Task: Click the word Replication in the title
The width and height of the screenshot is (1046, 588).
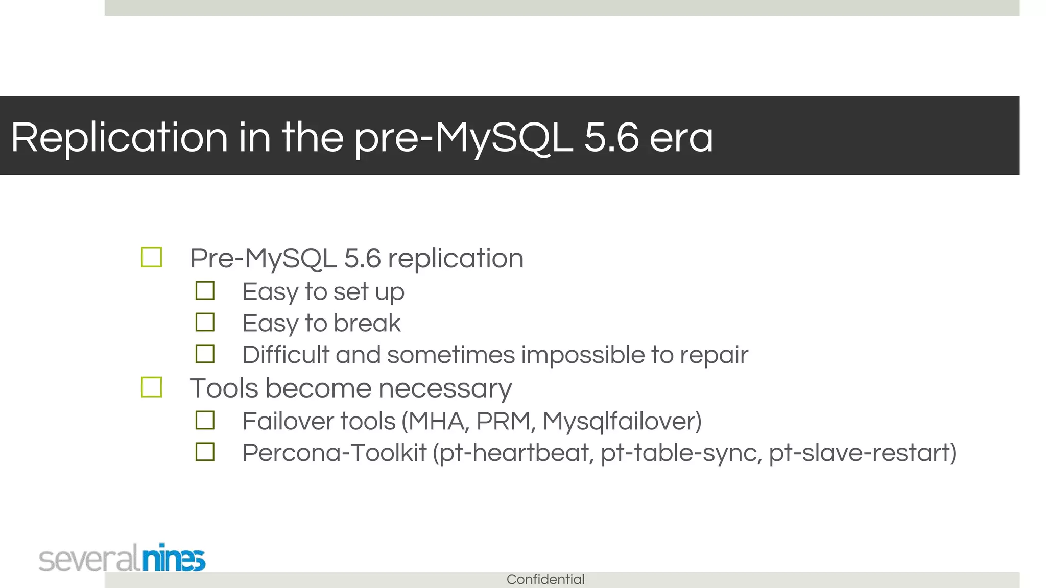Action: pos(119,138)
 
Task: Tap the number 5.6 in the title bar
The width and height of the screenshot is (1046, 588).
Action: pos(611,138)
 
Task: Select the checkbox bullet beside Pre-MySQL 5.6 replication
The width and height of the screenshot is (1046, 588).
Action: pos(152,257)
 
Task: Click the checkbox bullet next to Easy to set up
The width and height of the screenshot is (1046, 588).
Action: pos(205,291)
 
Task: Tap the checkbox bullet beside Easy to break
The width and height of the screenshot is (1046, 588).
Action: pos(205,323)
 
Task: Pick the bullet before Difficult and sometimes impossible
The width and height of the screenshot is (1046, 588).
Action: pos(205,354)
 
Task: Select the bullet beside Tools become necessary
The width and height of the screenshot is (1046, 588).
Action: pos(152,387)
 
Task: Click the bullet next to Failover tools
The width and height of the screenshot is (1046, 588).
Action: pos(205,421)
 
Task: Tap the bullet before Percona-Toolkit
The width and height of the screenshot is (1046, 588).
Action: pos(205,452)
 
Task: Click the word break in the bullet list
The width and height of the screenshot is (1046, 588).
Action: pos(367,323)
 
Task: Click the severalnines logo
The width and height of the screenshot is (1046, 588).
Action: pos(122,558)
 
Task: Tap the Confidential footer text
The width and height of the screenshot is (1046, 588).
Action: pos(545,579)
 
